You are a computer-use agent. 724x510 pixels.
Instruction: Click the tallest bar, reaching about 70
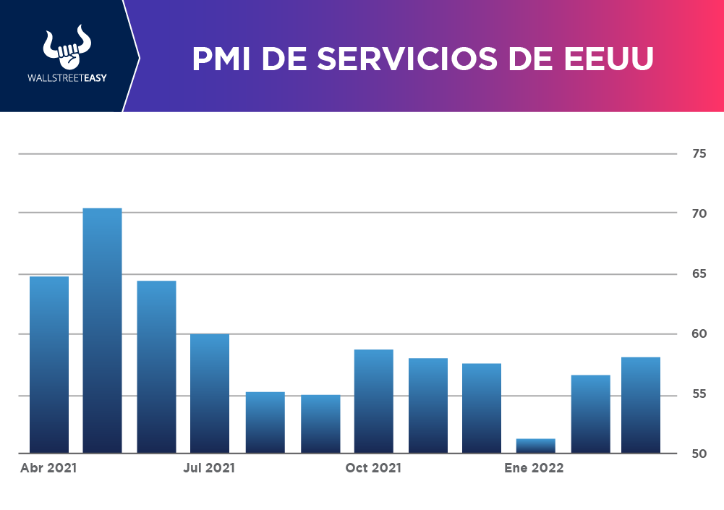pyautogui.click(x=102, y=330)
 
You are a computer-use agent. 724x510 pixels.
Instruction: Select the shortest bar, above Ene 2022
pyautogui.click(x=535, y=446)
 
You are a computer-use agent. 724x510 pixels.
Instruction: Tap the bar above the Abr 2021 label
pyautogui.click(x=49, y=365)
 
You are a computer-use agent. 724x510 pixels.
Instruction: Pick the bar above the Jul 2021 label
pyautogui.click(x=210, y=394)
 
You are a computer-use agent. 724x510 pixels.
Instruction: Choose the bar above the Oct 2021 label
pyautogui.click(x=373, y=401)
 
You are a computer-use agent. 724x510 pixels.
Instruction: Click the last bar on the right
pyautogui.click(x=641, y=405)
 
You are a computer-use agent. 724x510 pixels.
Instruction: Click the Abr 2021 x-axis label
pyautogui.click(x=48, y=468)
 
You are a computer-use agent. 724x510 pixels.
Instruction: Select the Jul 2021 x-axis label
pyautogui.click(x=209, y=468)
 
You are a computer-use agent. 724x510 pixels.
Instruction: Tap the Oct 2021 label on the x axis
pyautogui.click(x=373, y=468)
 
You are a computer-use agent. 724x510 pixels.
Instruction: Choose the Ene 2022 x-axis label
pyautogui.click(x=534, y=468)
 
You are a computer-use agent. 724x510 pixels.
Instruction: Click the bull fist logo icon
pyautogui.click(x=64, y=49)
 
